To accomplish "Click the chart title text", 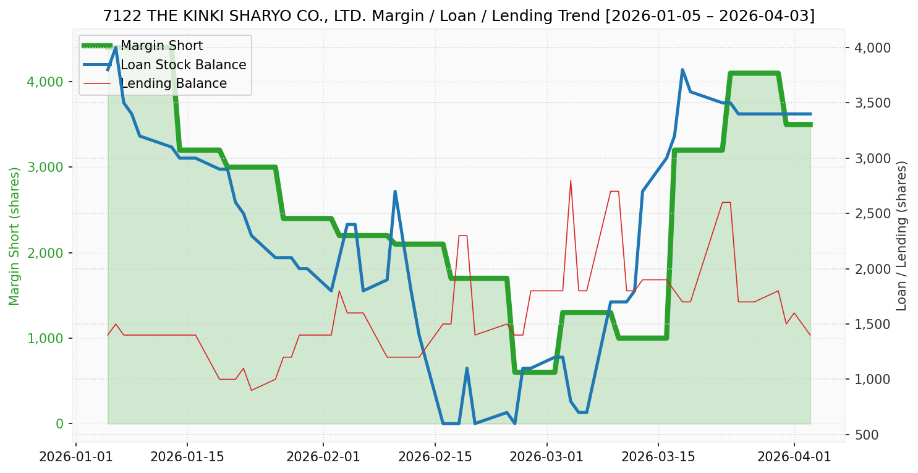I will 459,16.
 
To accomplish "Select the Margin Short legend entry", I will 161,46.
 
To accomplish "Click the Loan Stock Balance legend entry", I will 183,65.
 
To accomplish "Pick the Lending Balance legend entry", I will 173,83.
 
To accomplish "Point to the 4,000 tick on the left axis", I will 46,82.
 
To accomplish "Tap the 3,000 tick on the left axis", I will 46,168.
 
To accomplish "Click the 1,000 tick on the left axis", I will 46,338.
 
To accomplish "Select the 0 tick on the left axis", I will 60,424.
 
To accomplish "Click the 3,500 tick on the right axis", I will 872,103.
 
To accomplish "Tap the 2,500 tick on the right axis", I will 872,214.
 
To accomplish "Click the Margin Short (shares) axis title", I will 14,236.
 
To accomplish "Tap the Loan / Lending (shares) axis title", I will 901,236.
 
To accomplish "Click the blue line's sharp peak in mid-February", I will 395,192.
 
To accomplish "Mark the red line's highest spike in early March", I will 571,181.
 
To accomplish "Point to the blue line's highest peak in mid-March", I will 682,70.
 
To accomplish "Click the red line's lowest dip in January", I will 251,390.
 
